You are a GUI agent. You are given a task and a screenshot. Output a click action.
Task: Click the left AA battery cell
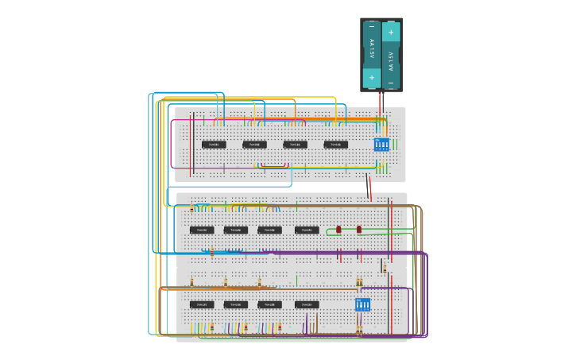(x=371, y=54)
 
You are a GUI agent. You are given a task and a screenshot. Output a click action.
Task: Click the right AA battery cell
(x=391, y=54)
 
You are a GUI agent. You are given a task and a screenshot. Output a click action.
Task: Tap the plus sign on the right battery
(x=391, y=32)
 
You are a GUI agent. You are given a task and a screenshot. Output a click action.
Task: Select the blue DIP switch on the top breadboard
(x=381, y=144)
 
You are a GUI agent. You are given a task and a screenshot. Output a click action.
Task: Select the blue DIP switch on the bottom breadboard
(x=363, y=304)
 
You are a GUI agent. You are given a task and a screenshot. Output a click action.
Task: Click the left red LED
(x=338, y=229)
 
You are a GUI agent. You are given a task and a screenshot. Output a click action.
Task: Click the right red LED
(x=359, y=229)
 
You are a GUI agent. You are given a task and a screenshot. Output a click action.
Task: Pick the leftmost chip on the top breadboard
(x=214, y=145)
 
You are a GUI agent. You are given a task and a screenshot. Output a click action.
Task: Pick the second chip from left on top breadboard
(x=254, y=145)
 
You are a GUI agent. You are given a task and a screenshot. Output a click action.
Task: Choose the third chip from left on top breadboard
(x=295, y=145)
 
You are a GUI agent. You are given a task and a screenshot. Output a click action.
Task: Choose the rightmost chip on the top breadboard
(x=335, y=145)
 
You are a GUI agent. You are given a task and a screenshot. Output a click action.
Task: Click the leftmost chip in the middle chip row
(x=202, y=230)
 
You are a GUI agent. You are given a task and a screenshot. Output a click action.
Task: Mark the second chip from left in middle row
(x=236, y=230)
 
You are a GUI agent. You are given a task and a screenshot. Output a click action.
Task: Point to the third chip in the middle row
(x=269, y=230)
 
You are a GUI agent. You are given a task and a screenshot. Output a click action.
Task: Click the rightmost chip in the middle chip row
(x=307, y=230)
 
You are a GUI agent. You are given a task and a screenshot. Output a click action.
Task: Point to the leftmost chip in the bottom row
(x=202, y=304)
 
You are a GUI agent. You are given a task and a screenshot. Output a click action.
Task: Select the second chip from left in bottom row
(x=236, y=304)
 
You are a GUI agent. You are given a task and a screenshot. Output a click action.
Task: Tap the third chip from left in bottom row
(x=269, y=304)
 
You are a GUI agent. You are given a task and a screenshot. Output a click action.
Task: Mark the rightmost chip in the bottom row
(x=307, y=304)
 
